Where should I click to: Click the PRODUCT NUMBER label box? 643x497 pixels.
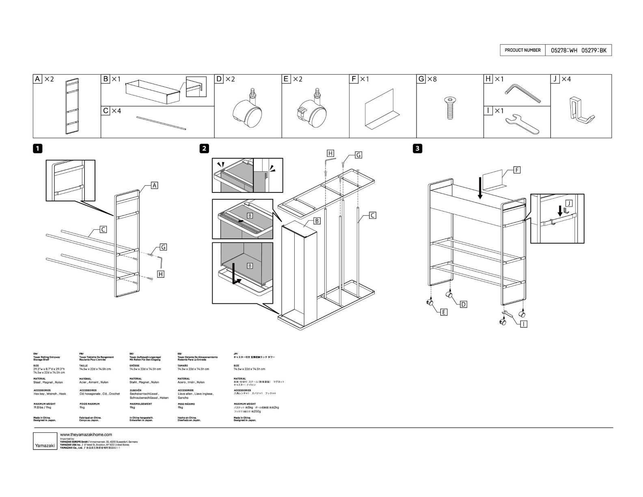pos(522,50)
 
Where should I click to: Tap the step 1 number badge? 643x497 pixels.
pos(37,149)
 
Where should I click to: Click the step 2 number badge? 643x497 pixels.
pos(205,149)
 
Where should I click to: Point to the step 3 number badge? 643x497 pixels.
pos(417,149)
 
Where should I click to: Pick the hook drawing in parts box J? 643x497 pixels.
pos(580,110)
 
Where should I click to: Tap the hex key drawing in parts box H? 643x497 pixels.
pos(522,93)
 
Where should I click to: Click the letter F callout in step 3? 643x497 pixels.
pos(517,170)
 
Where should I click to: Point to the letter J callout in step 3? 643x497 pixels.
pos(569,203)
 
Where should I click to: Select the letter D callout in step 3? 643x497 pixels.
pos(463,304)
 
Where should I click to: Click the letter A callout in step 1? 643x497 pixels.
pos(154,186)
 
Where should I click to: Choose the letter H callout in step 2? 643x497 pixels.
pos(330,153)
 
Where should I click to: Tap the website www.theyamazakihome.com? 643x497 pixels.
pos(85,434)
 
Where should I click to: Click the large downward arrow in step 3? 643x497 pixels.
pos(480,187)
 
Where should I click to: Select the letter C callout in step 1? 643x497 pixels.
pos(103,230)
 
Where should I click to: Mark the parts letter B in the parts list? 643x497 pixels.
pos(106,79)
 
